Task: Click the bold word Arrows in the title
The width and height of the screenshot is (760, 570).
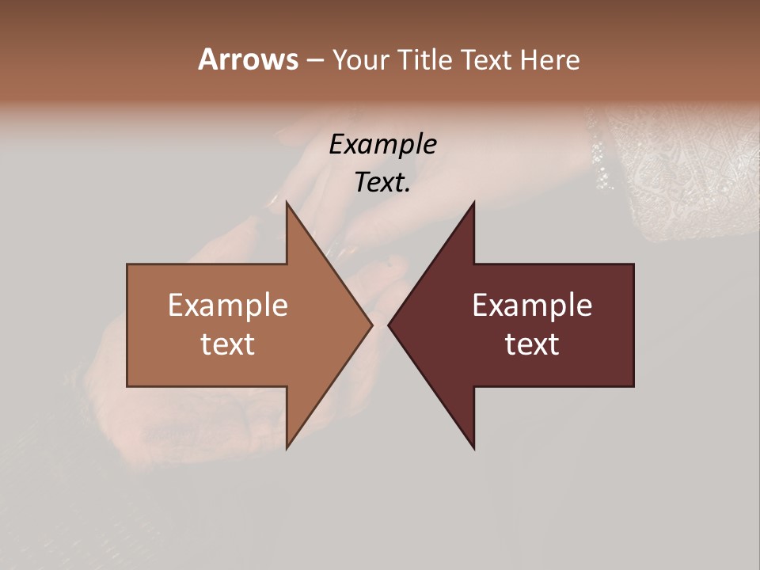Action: [x=248, y=59]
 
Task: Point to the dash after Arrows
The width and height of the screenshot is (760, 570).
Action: [x=314, y=61]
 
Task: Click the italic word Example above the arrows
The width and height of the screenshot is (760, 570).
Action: [x=382, y=145]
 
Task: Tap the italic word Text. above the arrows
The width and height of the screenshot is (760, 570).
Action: [x=382, y=182]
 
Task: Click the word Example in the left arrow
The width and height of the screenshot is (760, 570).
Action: [x=228, y=306]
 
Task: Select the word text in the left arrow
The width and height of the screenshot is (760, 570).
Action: [x=228, y=344]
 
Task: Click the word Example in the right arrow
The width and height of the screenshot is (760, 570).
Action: [x=532, y=306]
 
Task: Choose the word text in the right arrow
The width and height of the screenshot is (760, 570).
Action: [x=532, y=344]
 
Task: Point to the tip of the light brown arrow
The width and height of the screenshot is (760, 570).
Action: [x=371, y=325]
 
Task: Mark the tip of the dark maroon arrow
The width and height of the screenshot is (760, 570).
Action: [x=389, y=325]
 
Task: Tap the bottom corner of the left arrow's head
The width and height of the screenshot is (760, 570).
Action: [x=287, y=447]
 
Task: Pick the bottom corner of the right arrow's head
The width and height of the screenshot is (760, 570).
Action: [x=473, y=447]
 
